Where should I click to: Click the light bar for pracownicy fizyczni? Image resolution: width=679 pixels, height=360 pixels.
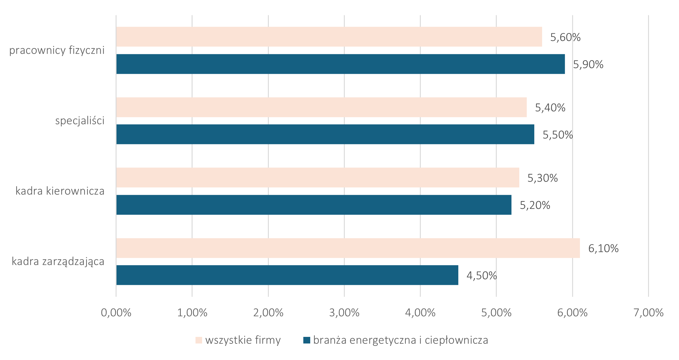329,37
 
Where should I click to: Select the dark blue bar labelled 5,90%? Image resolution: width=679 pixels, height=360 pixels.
340,64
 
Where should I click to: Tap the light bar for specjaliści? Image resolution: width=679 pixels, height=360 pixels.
321,107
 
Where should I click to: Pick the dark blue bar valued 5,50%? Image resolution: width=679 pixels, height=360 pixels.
325,134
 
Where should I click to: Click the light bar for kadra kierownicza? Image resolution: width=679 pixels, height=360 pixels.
317,177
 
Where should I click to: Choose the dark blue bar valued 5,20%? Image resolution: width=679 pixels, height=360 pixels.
314,205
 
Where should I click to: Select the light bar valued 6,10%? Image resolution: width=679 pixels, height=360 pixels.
348,248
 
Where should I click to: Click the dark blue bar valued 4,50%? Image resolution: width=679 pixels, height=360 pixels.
287,275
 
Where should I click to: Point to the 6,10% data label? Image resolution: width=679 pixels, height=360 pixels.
603,249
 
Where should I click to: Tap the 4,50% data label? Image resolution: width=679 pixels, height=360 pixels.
482,276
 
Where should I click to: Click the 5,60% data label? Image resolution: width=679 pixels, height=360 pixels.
565,37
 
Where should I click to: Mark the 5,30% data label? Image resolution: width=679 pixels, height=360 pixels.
543,178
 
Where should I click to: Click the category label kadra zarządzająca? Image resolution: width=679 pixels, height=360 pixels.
58,262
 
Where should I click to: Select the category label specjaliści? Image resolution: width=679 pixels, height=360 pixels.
80,121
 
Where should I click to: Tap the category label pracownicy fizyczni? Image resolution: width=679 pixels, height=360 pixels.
57,50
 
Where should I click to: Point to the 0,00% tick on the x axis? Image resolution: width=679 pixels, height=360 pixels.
116,313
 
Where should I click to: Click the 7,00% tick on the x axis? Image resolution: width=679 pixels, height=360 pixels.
648,313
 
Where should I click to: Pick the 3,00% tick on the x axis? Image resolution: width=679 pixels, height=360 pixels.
344,313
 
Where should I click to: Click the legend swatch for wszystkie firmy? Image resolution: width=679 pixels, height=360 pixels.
199,340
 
